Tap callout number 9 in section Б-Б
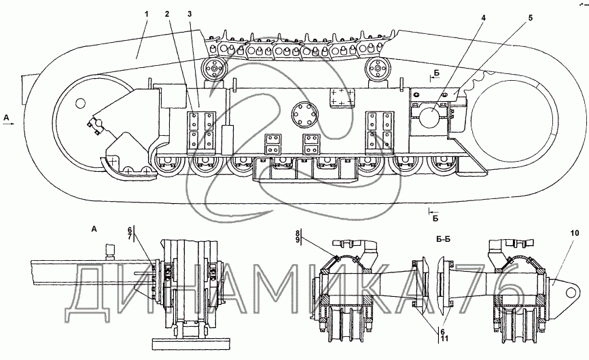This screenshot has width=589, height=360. pyautogui.click(x=298, y=241)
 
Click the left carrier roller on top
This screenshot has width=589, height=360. pyautogui.click(x=215, y=69)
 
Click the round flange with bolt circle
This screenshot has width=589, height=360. pyautogui.click(x=304, y=115)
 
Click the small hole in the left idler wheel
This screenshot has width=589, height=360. pyautogui.click(x=80, y=103)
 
